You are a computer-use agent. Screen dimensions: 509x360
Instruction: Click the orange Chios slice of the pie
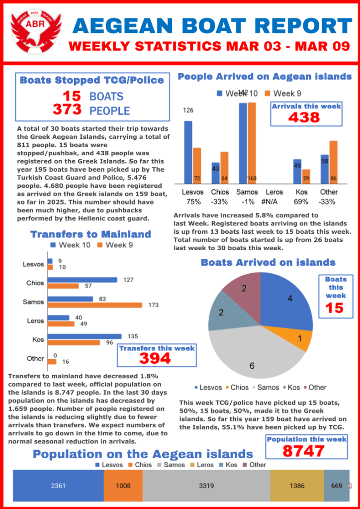pos(301,340)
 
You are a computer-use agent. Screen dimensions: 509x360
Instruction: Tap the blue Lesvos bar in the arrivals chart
pos(188,152)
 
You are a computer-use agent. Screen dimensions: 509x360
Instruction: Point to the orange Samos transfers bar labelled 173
pos(94,305)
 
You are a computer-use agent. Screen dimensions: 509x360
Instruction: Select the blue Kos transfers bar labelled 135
pos(85,336)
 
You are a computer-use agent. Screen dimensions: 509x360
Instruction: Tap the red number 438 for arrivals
pos(305,117)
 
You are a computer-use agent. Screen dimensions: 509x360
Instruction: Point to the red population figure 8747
pos(304,451)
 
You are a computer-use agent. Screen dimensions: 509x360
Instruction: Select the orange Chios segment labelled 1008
pos(123,486)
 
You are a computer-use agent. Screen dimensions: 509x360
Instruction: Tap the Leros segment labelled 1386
pos(297,486)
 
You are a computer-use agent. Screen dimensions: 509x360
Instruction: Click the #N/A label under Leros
pos(275,202)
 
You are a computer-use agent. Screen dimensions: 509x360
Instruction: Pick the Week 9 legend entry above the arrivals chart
pos(283,93)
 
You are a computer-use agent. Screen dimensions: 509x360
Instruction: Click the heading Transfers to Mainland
pos(90,234)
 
